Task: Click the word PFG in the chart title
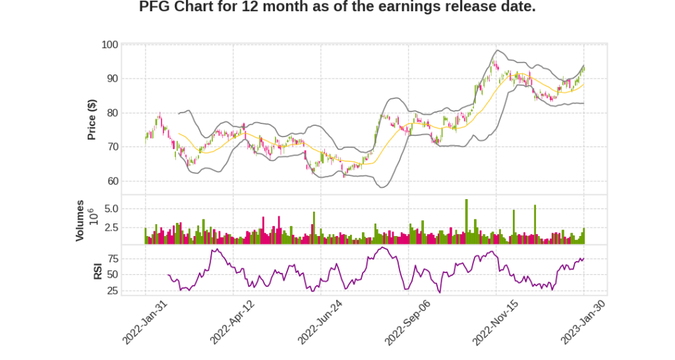pyautogui.click(x=156, y=7)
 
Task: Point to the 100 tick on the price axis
pyautogui.click(x=109, y=45)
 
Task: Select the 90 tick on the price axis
pyautogui.click(x=112, y=78)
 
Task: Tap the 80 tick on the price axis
pyautogui.click(x=112, y=113)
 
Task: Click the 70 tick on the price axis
pyautogui.click(x=112, y=147)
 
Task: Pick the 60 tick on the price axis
pyautogui.click(x=112, y=181)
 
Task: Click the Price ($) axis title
pyautogui.click(x=92, y=119)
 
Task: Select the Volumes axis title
pyautogui.click(x=80, y=220)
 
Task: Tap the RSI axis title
pyautogui.click(x=98, y=270)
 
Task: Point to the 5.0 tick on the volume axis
pyautogui.click(x=111, y=209)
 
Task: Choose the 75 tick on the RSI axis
pyautogui.click(x=112, y=258)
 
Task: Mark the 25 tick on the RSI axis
pyautogui.click(x=112, y=290)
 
